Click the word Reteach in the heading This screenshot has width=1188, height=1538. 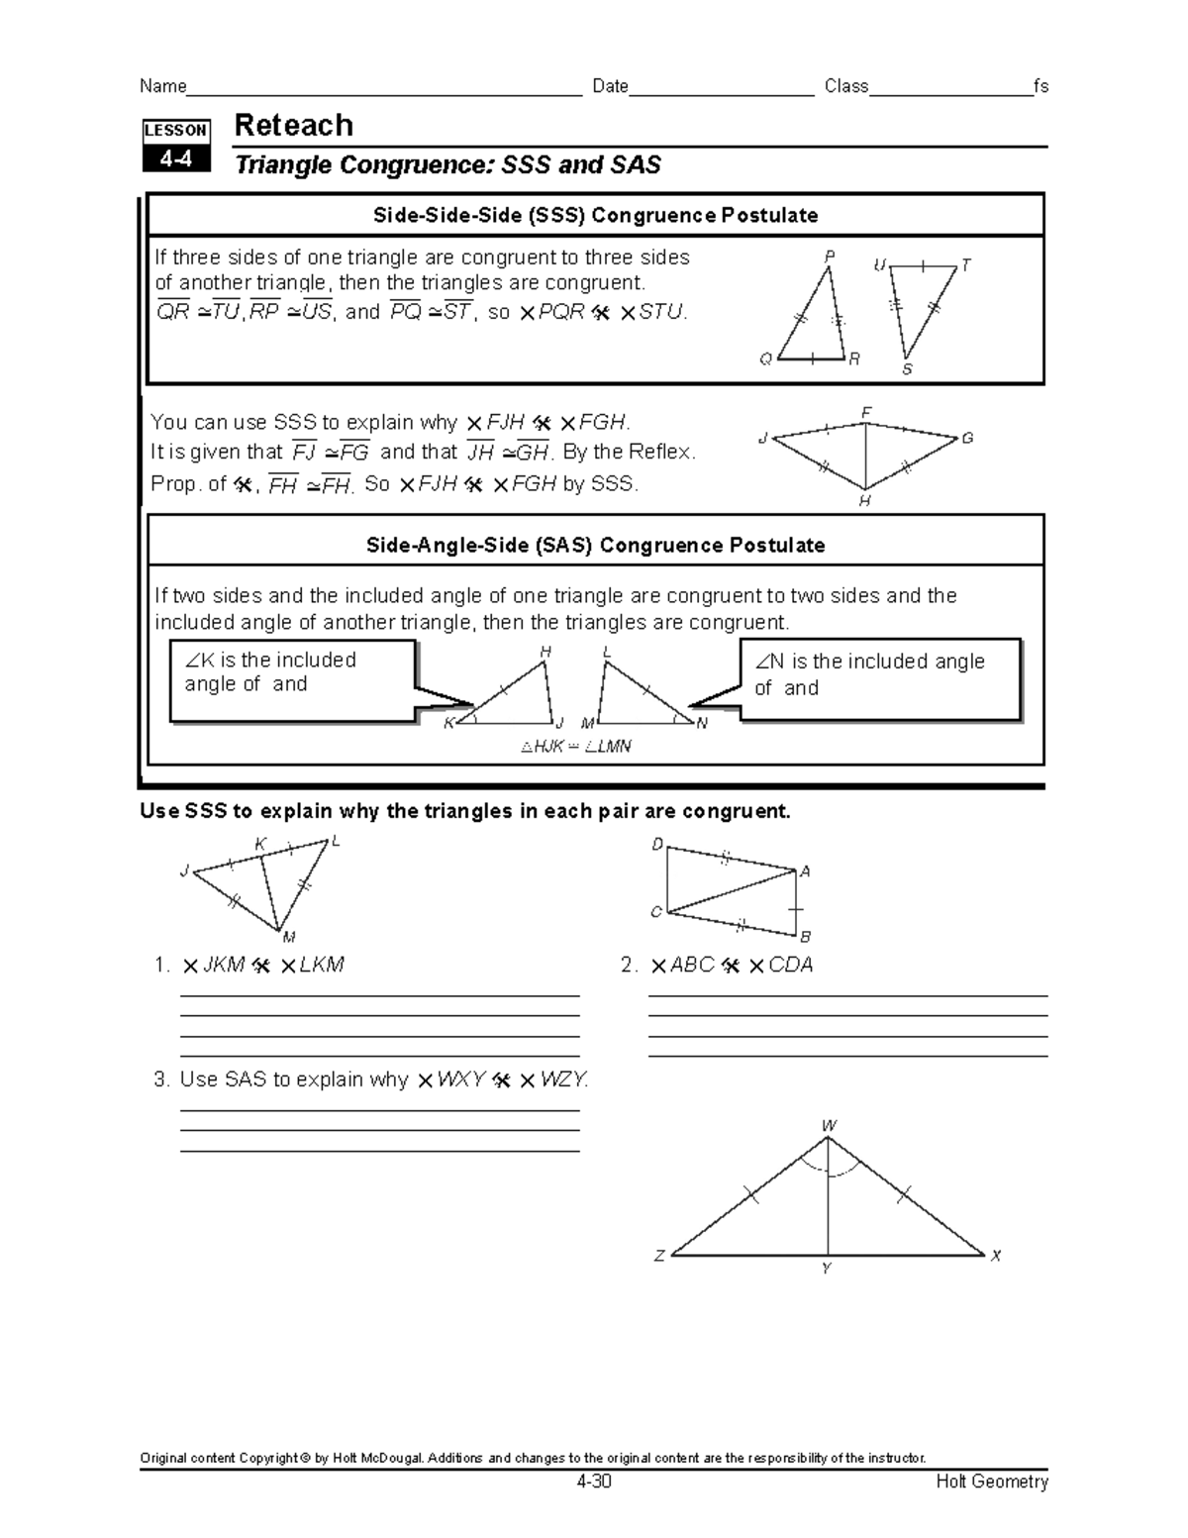click(293, 126)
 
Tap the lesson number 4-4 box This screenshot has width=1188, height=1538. click(176, 158)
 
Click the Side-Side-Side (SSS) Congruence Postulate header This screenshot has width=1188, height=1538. click(595, 215)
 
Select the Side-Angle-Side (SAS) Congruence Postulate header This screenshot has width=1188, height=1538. click(595, 545)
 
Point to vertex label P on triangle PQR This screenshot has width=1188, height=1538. click(830, 256)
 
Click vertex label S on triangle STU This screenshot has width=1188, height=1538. click(906, 369)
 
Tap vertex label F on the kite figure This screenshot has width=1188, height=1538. click(866, 411)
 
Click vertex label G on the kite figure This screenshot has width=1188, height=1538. click(967, 437)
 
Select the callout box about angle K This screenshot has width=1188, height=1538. click(292, 680)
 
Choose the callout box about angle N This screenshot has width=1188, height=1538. click(880, 678)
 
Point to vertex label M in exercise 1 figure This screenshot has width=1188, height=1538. click(288, 937)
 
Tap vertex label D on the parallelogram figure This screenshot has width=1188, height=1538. click(656, 845)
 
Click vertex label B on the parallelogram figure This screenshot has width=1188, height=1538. click(806, 936)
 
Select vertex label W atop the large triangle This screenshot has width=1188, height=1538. click(829, 1126)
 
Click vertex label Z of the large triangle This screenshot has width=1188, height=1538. click(659, 1256)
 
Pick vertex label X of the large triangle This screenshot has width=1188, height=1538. click(996, 1256)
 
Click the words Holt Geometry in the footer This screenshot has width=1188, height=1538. click(992, 1482)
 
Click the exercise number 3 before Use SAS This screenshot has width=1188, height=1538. click(160, 1079)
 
